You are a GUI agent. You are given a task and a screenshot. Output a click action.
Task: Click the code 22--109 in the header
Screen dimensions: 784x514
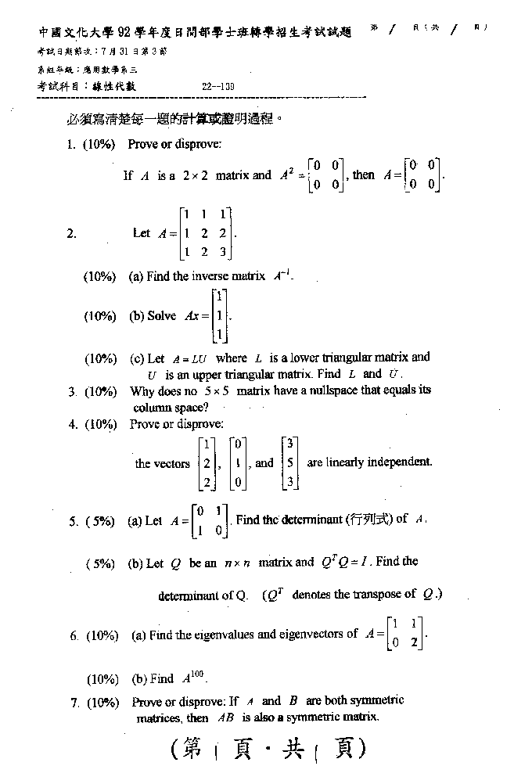point(218,87)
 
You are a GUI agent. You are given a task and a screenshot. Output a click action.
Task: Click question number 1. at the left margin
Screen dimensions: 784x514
point(71,144)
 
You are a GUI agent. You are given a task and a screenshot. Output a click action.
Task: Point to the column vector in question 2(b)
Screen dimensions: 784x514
point(220,316)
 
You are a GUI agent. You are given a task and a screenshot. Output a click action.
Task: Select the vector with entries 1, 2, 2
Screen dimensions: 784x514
point(207,462)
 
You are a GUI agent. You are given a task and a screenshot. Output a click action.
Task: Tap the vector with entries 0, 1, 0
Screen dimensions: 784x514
point(240,462)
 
